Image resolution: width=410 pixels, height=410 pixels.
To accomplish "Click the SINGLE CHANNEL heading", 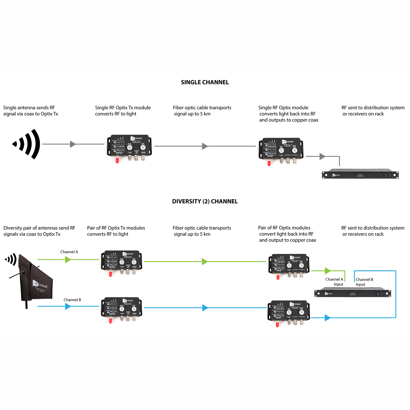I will [x=205, y=82].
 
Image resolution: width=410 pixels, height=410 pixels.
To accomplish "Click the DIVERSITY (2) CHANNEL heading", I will [x=205, y=201].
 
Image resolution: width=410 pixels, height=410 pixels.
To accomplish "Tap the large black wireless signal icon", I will [x=27, y=144].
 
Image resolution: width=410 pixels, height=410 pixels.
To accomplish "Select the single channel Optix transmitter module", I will [x=129, y=146].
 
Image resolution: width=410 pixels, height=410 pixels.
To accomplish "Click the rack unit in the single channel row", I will [x=360, y=174].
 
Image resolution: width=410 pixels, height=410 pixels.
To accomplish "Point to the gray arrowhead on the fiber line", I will [x=205, y=146].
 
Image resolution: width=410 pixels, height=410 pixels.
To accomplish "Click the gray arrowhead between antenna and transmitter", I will [x=72, y=144].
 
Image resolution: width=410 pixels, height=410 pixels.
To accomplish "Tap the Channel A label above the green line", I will [x=69, y=252].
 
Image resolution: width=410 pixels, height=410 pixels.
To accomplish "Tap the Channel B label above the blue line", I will [x=72, y=300].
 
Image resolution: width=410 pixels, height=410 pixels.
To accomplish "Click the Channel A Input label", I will [x=334, y=282].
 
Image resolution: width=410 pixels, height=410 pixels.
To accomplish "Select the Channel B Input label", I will [x=364, y=282].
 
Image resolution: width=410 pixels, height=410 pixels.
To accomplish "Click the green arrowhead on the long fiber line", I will [x=204, y=262].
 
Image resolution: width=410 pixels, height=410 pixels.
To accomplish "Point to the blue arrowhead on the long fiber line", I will [x=205, y=308].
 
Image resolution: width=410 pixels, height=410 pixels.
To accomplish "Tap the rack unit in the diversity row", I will [x=353, y=293].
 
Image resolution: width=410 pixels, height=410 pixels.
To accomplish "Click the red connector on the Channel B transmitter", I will [x=110, y=321].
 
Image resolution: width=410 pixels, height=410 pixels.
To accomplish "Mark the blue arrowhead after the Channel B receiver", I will [x=327, y=318].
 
